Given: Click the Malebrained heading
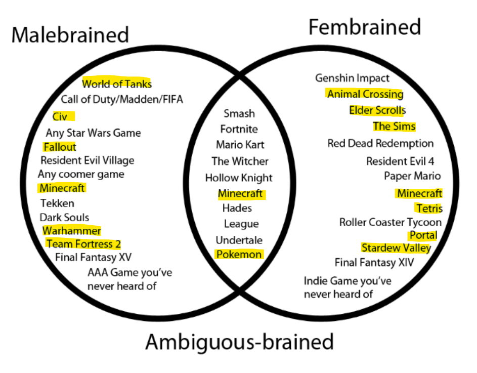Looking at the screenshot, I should click(70, 35).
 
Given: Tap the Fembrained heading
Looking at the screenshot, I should click(364, 27).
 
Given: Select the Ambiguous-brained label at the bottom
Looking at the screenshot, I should click(239, 342).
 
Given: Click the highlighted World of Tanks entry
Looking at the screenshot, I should click(117, 84).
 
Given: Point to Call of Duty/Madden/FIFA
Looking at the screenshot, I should click(122, 100).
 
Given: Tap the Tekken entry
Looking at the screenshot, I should click(57, 203).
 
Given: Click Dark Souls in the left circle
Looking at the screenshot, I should click(64, 218).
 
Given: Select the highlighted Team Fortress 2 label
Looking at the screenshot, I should click(83, 244).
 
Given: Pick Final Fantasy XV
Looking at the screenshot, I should click(93, 257).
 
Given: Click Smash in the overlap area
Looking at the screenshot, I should click(239, 114).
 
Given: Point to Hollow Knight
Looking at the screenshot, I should click(239, 178).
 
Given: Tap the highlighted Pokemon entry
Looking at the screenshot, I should click(239, 255).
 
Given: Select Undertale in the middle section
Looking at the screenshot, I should click(239, 240).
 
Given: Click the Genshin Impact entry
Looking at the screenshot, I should click(352, 78).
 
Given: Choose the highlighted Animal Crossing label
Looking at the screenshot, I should click(365, 94).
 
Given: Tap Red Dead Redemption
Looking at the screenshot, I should click(380, 144).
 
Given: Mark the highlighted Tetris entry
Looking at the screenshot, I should click(429, 209).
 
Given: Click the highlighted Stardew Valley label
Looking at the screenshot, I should click(396, 248).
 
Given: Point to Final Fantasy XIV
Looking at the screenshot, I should click(374, 263).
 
